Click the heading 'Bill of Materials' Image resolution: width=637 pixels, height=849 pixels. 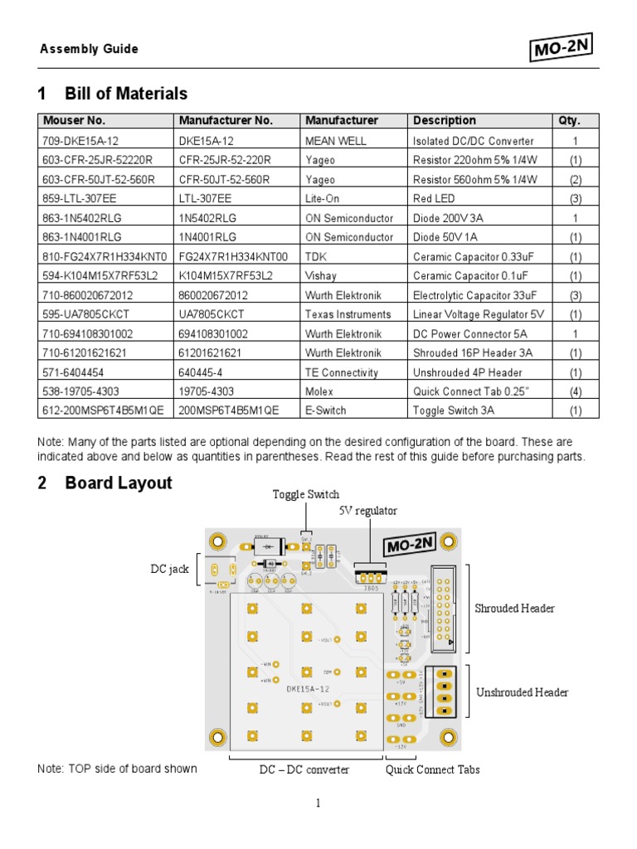click(126, 94)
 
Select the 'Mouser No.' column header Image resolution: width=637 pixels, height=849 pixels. click(74, 120)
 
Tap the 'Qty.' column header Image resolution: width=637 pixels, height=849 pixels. click(569, 120)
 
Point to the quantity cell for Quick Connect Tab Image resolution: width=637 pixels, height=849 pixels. click(576, 391)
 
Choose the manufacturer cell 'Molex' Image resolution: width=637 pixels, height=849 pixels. click(319, 391)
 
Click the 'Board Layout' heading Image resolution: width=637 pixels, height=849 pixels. click(119, 483)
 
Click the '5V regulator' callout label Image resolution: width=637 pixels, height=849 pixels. click(368, 511)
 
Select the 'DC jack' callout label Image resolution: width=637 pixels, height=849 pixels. click(170, 569)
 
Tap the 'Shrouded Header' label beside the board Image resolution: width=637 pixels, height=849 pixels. click(514, 609)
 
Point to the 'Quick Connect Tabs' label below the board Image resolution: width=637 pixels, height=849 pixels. click(433, 769)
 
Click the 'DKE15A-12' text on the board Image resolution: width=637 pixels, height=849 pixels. click(307, 689)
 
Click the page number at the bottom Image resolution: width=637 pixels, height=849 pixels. click(318, 803)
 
